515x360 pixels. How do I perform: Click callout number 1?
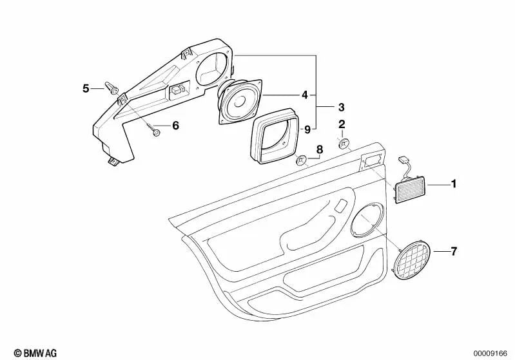454,185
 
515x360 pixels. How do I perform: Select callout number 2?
342,123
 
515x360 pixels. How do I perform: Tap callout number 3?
342,106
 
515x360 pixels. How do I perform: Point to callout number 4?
305,95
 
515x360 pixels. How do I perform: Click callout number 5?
86,88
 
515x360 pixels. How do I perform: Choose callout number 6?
175,126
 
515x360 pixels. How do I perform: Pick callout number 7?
454,251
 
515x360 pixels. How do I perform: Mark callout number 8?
318,150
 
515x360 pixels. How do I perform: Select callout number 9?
307,129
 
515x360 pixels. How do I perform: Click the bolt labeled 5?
112,91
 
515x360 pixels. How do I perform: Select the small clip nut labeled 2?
345,142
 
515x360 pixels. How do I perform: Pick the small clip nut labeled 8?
300,160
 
